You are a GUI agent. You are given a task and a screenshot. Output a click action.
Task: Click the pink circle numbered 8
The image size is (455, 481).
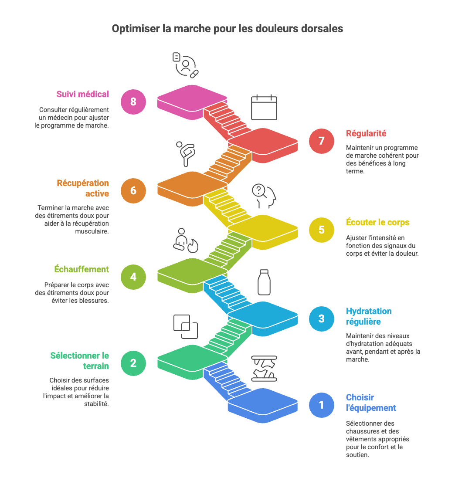click(x=133, y=102)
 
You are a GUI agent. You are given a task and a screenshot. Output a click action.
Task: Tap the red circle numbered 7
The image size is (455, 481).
click(x=322, y=141)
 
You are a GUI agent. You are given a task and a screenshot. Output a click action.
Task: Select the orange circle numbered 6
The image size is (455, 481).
click(x=133, y=190)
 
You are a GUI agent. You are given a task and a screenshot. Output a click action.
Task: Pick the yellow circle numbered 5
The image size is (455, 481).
click(x=322, y=229)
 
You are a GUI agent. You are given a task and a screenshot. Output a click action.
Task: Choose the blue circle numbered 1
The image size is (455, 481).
click(x=322, y=405)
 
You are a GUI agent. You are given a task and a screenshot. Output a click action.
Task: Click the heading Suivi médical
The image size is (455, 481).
click(x=83, y=94)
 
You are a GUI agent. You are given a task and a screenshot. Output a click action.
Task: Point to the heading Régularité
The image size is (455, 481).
click(x=366, y=133)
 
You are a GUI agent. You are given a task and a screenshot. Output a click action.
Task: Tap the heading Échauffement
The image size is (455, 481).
click(x=81, y=269)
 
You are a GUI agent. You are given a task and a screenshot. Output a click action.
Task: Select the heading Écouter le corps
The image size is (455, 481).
click(x=378, y=222)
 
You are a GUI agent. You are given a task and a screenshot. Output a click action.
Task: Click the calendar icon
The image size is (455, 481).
click(x=264, y=107)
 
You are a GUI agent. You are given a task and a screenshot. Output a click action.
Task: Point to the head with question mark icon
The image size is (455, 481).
click(x=264, y=196)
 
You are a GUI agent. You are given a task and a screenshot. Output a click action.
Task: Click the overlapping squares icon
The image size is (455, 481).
click(x=185, y=326)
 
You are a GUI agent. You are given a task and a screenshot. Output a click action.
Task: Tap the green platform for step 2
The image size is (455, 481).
click(x=192, y=358)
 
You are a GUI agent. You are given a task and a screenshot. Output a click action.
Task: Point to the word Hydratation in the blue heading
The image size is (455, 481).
click(x=369, y=311)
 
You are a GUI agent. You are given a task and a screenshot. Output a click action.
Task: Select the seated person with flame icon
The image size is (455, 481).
click(x=185, y=240)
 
